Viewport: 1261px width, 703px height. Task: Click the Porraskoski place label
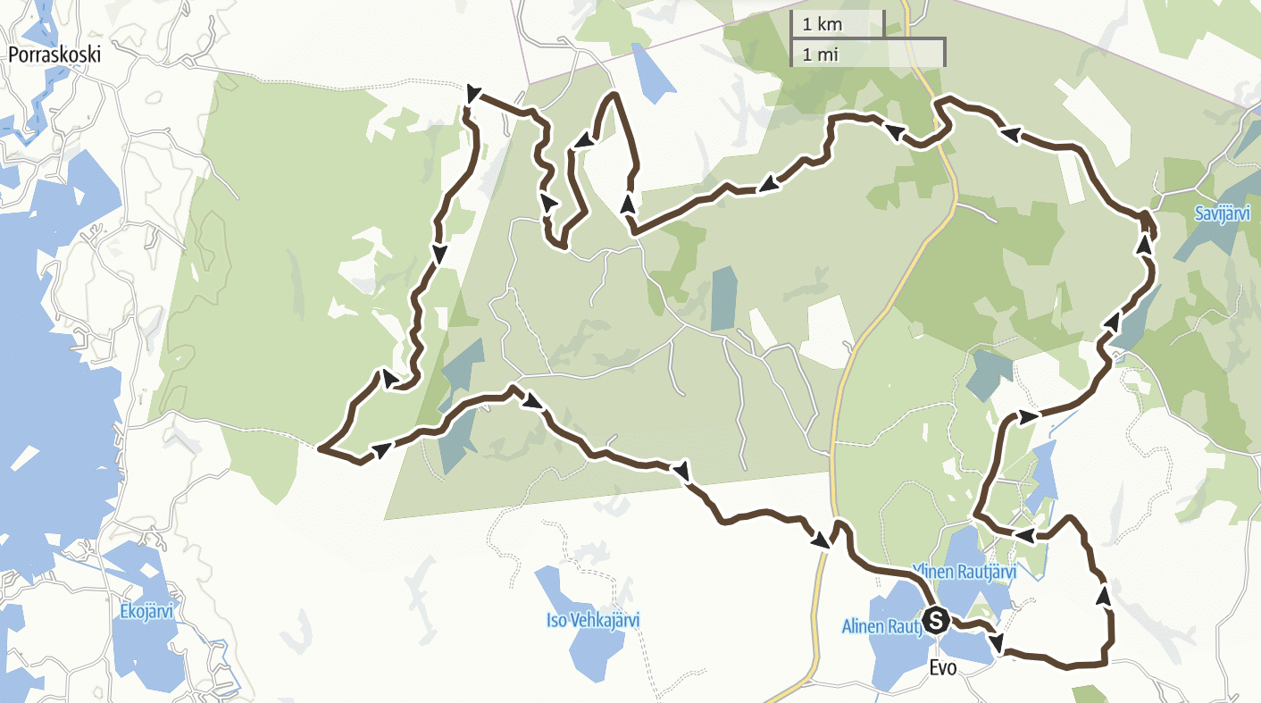pyautogui.click(x=54, y=54)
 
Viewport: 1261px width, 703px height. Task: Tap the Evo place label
pyautogui.click(x=943, y=667)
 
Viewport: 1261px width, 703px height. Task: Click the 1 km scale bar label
pyautogui.click(x=823, y=24)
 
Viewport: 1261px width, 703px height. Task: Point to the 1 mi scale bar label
pyautogui.click(x=821, y=54)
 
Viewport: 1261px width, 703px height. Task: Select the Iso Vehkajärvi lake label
pyautogui.click(x=592, y=620)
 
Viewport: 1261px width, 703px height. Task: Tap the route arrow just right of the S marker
pyautogui.click(x=997, y=641)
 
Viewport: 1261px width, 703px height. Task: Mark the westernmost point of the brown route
pyautogui.click(x=319, y=449)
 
